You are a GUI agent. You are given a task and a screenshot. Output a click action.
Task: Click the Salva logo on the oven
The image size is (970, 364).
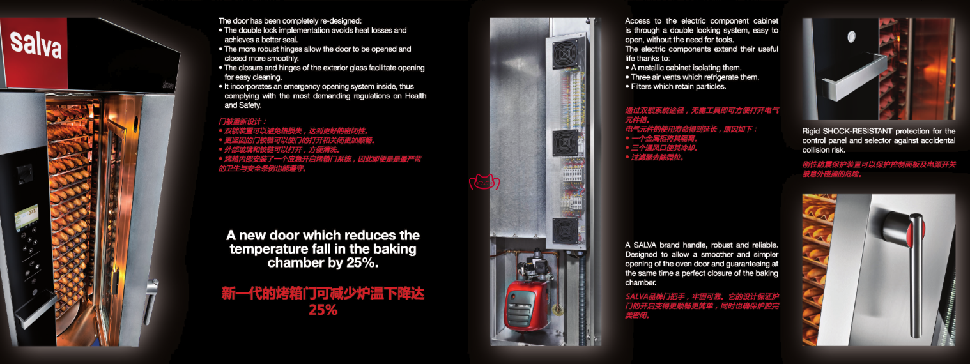[x=36, y=45]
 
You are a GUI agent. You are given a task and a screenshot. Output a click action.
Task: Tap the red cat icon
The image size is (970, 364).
[x=484, y=182]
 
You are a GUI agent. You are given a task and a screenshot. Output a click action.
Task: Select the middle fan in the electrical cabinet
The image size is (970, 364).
[x=565, y=142]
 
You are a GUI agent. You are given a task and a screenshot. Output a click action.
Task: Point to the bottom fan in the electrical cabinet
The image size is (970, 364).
[x=565, y=231]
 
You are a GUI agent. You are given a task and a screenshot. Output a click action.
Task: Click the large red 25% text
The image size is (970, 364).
[x=323, y=310]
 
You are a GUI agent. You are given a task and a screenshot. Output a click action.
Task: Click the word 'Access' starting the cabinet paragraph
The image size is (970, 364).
[x=638, y=21]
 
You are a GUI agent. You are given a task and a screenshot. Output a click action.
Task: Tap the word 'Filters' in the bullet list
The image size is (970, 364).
[x=641, y=87]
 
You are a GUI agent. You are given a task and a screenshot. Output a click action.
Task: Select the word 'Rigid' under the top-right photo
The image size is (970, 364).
[x=811, y=132]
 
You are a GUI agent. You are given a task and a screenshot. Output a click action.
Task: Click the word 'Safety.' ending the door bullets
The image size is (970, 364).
[x=249, y=105]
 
